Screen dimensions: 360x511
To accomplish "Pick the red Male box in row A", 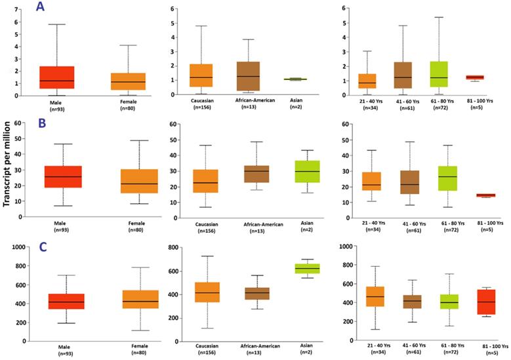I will point(57,77).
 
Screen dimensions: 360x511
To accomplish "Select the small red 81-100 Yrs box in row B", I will point(485,195).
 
